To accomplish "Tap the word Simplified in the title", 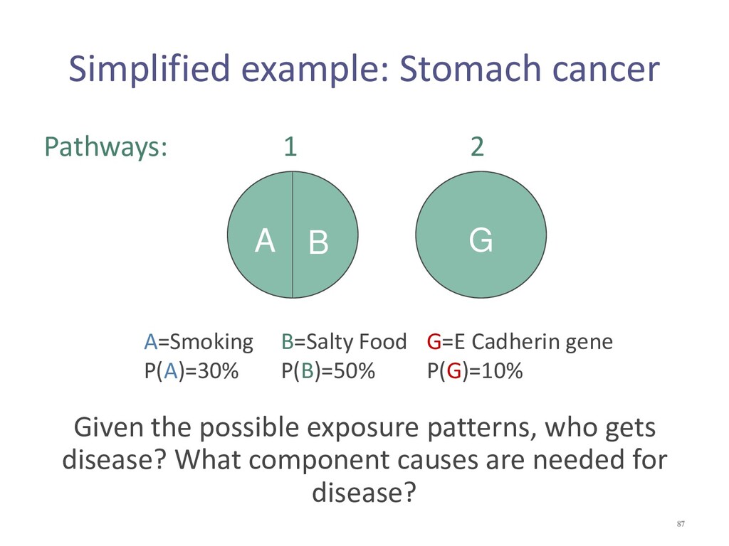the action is [150, 70].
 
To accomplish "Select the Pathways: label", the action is [106, 147].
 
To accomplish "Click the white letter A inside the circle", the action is [265, 240].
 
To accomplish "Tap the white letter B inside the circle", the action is [318, 242].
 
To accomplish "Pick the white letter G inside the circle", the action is [481, 240].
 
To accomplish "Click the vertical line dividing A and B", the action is [293, 235].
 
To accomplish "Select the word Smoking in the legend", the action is [211, 343].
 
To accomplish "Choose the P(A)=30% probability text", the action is [192, 371].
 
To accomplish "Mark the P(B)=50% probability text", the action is [328, 371].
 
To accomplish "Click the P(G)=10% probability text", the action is [475, 371].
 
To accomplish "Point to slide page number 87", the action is [681, 524].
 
